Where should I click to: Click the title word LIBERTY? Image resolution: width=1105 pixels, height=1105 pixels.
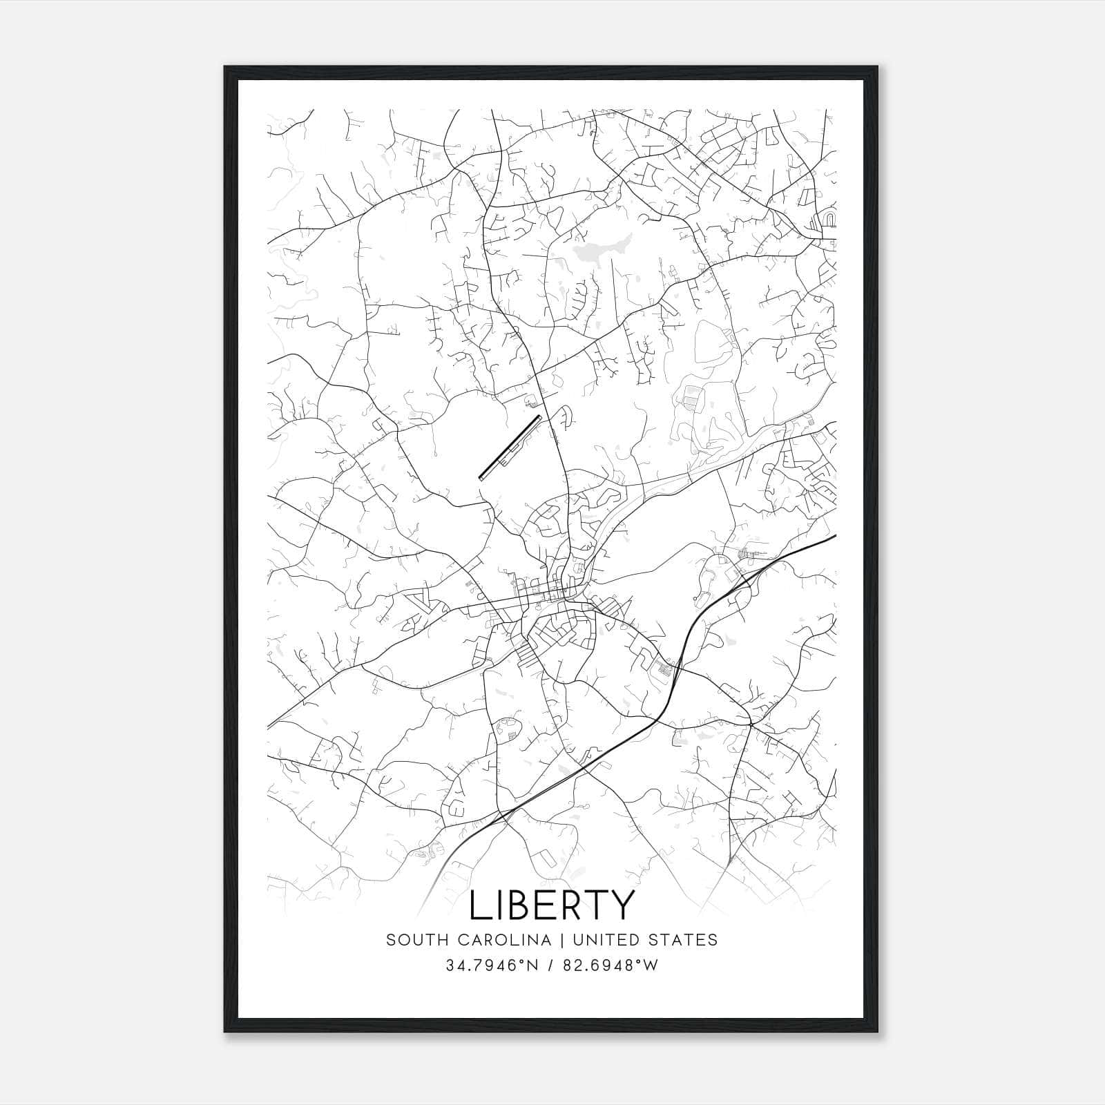pyautogui.click(x=551, y=905)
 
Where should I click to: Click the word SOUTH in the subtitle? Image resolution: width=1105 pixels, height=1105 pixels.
pyautogui.click(x=414, y=940)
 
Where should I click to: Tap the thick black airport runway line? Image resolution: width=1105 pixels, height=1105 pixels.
pyautogui.click(x=509, y=446)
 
